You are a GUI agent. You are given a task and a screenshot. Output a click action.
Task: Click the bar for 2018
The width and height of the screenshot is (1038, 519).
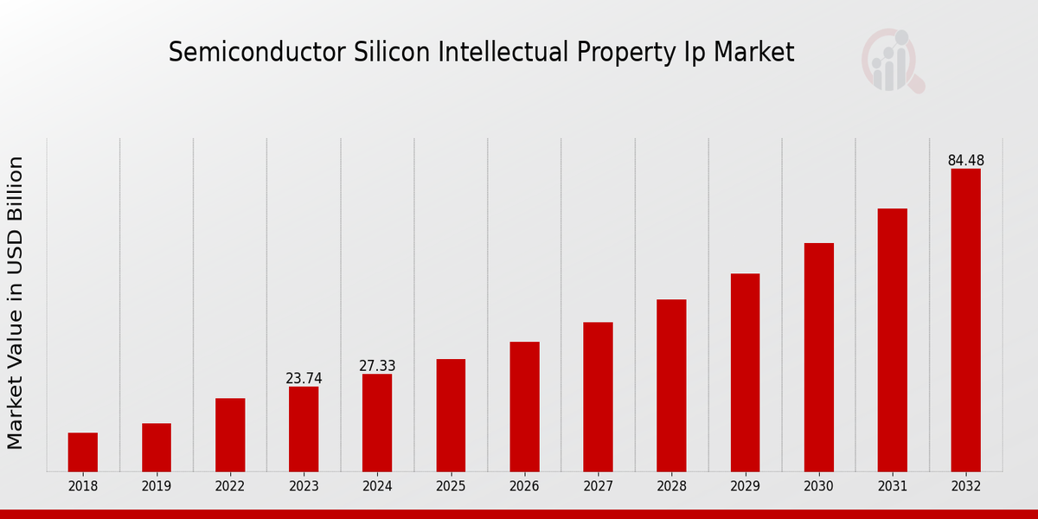83,452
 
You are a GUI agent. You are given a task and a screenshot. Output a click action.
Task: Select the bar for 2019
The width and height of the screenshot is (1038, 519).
157,447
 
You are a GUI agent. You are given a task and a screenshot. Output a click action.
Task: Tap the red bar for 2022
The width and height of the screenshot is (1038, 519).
230,434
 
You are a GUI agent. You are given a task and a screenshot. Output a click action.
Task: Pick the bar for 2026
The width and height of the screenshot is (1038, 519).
524,407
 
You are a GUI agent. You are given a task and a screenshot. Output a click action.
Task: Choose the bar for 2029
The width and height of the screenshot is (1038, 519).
745,372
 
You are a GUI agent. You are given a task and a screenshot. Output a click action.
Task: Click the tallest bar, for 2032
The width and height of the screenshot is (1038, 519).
965,320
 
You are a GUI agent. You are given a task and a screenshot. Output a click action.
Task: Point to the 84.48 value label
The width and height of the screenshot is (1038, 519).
965,161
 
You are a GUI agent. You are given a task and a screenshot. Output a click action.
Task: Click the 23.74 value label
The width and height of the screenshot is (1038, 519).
304,379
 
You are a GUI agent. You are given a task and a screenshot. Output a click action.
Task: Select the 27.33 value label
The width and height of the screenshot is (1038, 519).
377,366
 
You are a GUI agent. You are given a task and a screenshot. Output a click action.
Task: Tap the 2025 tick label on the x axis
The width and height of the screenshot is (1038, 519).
451,487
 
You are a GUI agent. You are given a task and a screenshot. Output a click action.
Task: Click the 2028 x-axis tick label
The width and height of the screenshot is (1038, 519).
671,487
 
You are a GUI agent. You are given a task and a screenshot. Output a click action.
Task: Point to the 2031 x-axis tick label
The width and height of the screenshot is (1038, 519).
892,487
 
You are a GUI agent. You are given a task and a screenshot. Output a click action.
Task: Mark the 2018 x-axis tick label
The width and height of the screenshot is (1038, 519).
83,487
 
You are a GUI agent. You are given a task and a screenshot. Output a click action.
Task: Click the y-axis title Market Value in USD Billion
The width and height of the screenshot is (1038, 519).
16,303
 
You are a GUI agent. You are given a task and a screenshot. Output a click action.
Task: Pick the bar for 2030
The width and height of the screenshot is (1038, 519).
818,357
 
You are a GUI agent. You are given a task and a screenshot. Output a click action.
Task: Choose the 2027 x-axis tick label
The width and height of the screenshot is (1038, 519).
598,487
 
